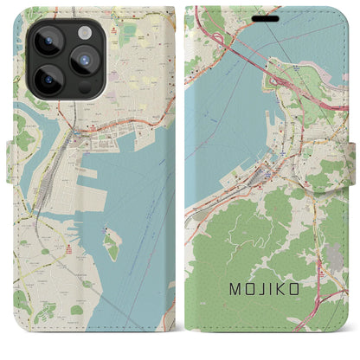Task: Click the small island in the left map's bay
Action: pos(111,245)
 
